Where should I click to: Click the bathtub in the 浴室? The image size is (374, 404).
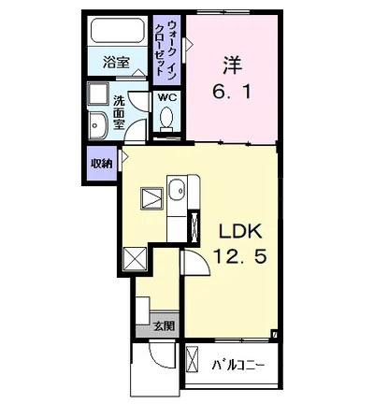click(x=118, y=30)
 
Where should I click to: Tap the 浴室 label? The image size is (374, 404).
click(x=116, y=64)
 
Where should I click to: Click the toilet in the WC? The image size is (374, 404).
click(x=166, y=119)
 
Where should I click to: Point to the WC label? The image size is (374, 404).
click(x=166, y=97)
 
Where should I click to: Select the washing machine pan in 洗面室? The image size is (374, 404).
click(x=97, y=93)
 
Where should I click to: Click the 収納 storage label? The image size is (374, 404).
click(x=102, y=164)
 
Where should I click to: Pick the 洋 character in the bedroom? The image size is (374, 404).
click(x=232, y=65)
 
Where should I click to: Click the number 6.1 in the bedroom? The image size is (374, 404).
click(x=232, y=92)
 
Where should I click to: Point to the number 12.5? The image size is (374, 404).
click(x=239, y=257)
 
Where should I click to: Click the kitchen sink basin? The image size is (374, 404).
click(x=177, y=190)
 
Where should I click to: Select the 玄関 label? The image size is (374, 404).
click(x=164, y=326)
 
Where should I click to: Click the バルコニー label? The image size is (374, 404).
click(x=238, y=365)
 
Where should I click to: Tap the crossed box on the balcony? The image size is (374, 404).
click(x=192, y=358)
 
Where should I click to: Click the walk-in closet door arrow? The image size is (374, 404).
click(x=190, y=45)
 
